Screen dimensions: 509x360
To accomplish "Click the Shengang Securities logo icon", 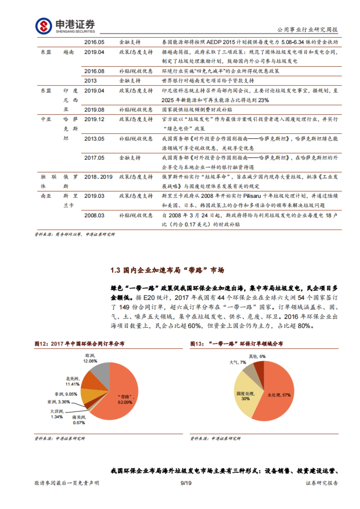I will (x=43, y=26).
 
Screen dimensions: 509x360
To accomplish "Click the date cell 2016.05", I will (x=94, y=42).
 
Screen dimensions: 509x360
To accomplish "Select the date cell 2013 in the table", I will (x=90, y=81).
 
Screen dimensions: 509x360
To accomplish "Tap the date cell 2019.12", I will (x=94, y=119).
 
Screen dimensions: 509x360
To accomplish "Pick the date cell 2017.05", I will (x=94, y=158).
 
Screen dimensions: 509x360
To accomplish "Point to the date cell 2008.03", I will (x=94, y=216).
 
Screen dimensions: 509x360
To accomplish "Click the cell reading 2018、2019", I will (x=98, y=177).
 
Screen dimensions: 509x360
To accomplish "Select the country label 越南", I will (x=68, y=52).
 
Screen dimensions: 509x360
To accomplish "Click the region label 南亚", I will (x=46, y=196).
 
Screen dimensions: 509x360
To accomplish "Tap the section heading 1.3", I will (x=167, y=270).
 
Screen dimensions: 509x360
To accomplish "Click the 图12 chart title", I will (x=79, y=344).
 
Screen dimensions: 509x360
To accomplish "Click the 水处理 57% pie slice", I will (x=279, y=393).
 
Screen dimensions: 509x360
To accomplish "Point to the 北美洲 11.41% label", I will (x=72, y=381).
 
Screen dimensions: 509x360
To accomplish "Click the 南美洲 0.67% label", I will (x=79, y=420).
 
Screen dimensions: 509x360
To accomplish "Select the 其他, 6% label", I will (x=257, y=356).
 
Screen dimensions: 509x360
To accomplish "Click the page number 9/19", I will (x=186, y=483).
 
